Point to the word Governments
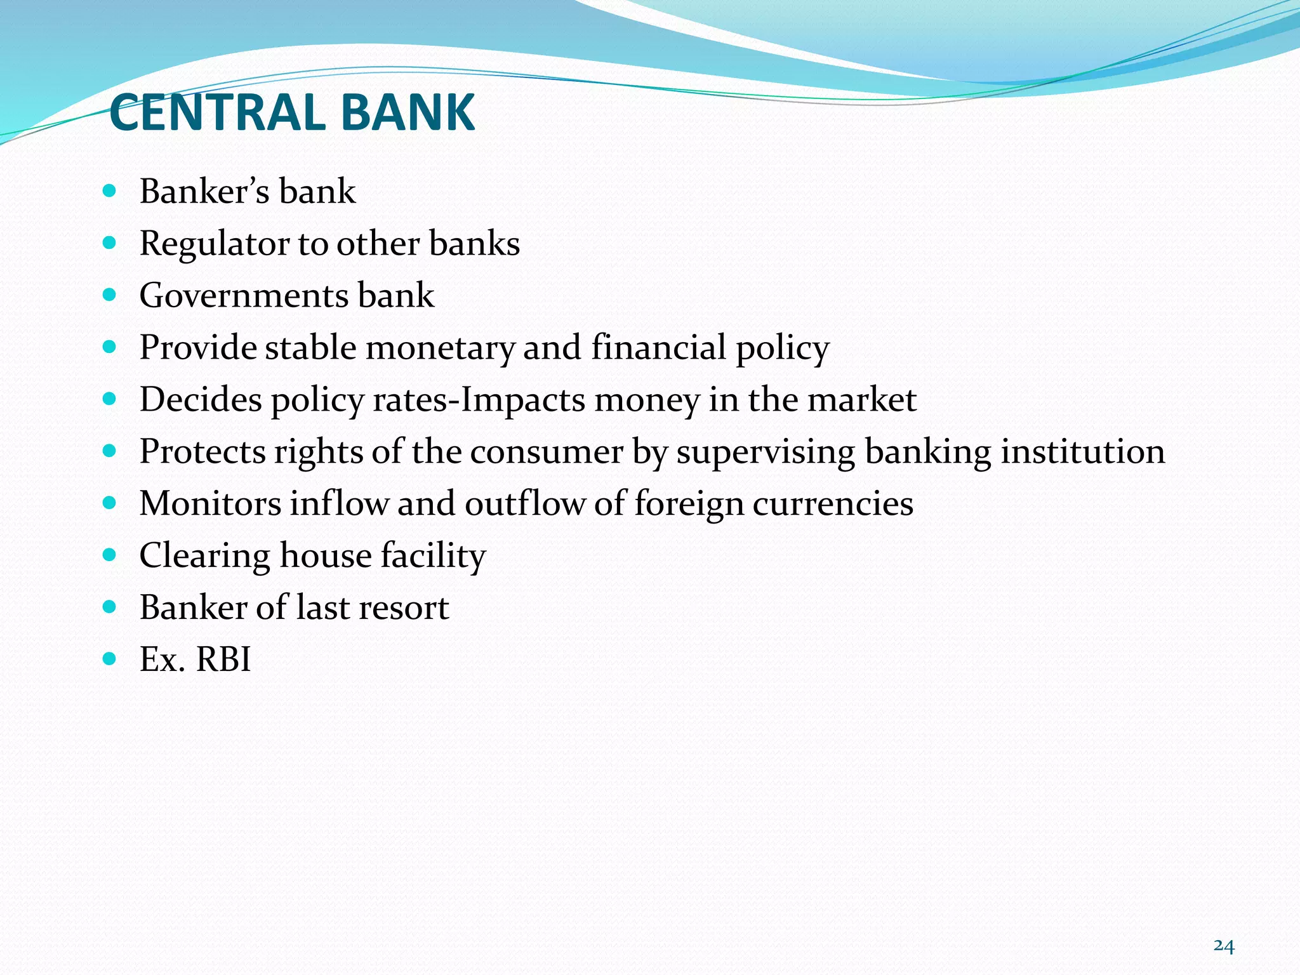coord(244,296)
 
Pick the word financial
coord(658,347)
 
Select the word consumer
coord(547,452)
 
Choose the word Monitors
coord(210,504)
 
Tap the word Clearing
coord(204,557)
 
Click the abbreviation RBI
coord(223,660)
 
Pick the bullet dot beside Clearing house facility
coord(110,554)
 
